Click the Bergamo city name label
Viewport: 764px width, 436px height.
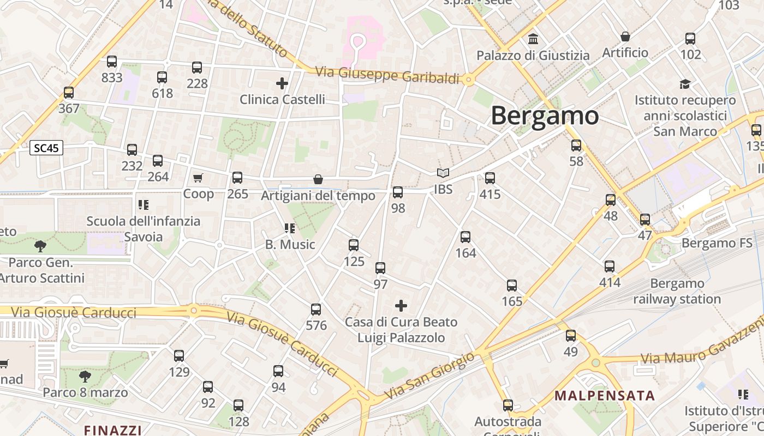coord(545,116)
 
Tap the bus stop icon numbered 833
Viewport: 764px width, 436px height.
coord(112,62)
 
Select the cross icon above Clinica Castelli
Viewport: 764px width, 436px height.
coord(282,83)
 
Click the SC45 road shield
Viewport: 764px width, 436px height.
coord(46,148)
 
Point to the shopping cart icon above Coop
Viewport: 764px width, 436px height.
coord(198,178)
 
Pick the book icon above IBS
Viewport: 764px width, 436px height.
coord(443,173)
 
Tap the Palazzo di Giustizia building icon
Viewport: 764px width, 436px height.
coord(533,39)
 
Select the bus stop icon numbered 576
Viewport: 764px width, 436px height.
coord(316,310)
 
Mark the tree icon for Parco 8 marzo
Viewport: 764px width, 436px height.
coord(85,376)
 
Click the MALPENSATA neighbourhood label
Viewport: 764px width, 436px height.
coord(605,396)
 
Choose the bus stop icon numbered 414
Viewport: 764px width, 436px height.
coord(610,267)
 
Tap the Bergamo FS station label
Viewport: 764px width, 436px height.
coord(717,243)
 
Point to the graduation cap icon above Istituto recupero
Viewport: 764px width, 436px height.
coord(685,84)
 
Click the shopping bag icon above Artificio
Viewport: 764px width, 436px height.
coord(625,37)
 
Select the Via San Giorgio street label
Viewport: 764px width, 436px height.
coord(429,376)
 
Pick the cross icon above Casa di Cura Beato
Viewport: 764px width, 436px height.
coord(401,306)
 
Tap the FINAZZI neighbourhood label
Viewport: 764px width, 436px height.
coord(113,430)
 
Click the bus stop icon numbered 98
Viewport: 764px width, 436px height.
coord(398,192)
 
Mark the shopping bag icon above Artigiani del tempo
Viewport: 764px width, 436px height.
coord(318,179)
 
